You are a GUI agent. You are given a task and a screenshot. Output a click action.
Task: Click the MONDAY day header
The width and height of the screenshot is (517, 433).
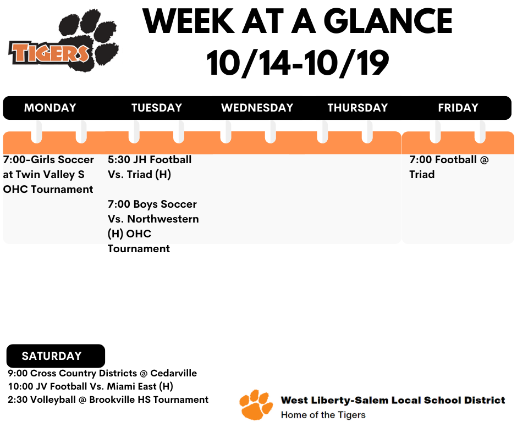50,108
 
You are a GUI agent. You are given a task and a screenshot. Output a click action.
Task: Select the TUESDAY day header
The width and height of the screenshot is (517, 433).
156,108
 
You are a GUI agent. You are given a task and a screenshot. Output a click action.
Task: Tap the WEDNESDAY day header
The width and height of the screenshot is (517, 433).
257,108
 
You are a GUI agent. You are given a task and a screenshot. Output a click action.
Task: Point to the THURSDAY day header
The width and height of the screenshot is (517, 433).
358,108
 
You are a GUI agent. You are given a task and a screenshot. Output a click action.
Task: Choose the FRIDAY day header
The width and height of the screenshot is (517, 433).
458,108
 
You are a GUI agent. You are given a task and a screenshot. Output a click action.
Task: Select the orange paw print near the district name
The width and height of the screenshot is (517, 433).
256,405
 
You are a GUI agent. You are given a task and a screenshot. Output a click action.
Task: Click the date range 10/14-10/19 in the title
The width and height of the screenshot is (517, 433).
298,64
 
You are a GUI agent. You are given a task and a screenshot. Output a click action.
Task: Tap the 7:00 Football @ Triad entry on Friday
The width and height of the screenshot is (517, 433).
448,167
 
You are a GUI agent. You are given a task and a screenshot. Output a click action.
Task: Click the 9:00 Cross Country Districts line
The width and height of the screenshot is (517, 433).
102,373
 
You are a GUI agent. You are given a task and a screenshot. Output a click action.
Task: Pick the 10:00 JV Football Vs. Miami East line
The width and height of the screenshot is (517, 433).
91,386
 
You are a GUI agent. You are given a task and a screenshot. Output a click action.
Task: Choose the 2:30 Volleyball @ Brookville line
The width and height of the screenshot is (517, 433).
108,399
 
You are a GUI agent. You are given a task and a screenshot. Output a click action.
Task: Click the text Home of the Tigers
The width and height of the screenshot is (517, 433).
323,414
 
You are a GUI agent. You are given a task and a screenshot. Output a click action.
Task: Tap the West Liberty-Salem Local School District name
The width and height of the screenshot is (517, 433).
393,400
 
